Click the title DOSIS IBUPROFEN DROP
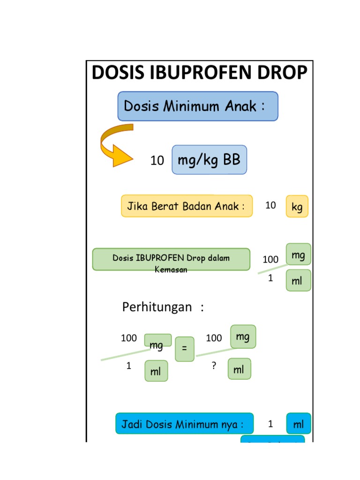(x=200, y=73)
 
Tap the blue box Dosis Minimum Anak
(x=197, y=106)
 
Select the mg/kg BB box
(x=209, y=160)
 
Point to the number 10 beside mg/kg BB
(x=157, y=161)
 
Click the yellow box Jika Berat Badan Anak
(x=187, y=206)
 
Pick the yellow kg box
(x=297, y=206)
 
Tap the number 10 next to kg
(x=270, y=205)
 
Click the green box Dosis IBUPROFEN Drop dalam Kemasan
(x=171, y=259)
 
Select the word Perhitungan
(x=157, y=307)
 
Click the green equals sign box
(x=184, y=349)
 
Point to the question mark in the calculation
(x=214, y=367)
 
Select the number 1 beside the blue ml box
(x=270, y=424)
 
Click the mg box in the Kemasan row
(x=298, y=255)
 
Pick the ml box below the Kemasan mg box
(x=298, y=281)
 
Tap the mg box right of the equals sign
(x=243, y=337)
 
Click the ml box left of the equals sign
(x=156, y=371)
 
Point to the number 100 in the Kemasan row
(x=270, y=259)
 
